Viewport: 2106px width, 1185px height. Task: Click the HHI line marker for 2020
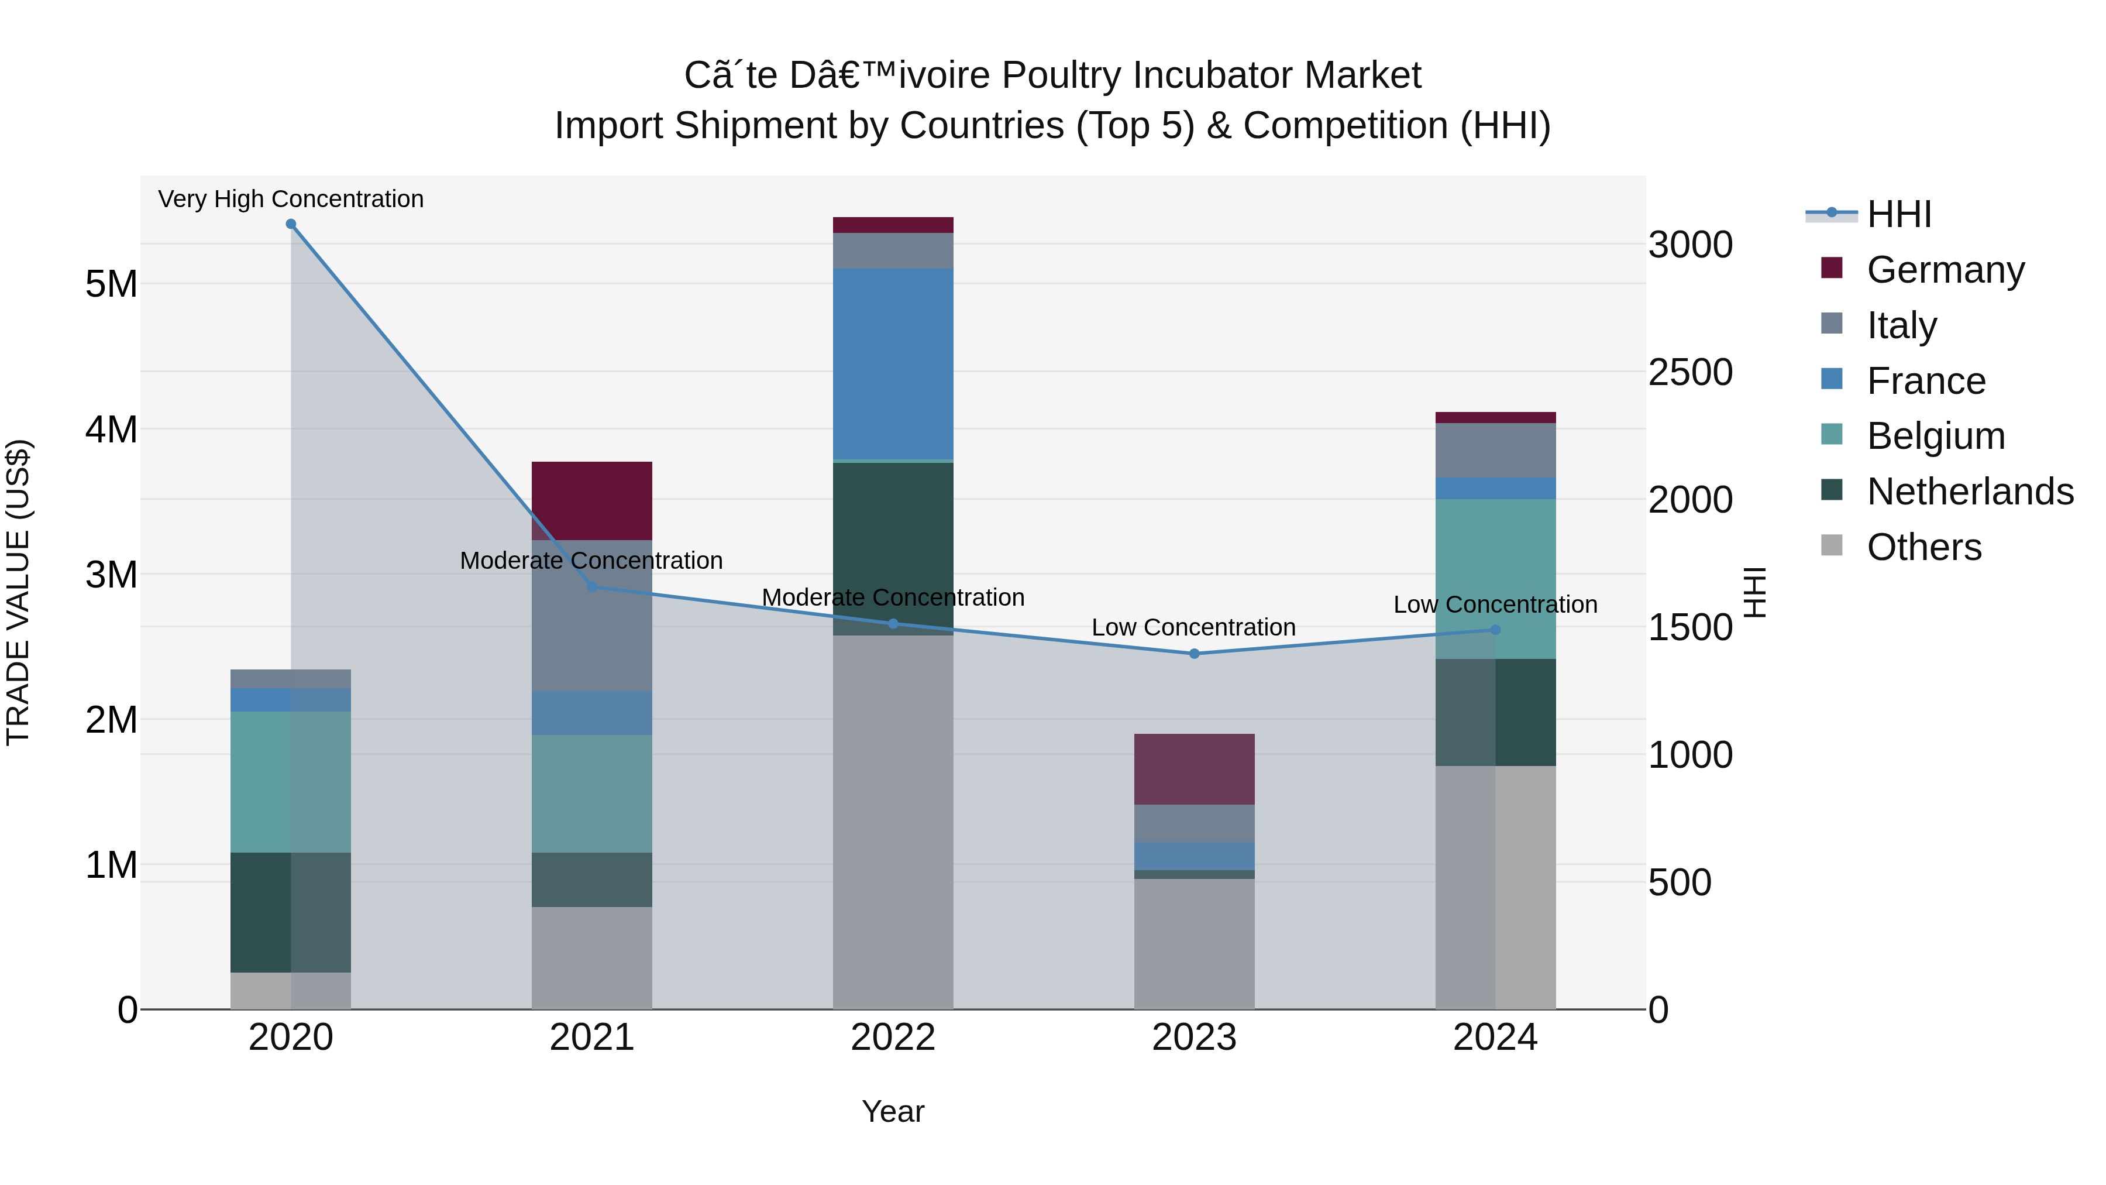tap(291, 224)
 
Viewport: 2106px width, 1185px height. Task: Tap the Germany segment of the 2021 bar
tap(592, 500)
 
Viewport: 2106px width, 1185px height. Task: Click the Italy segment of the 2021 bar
tap(592, 615)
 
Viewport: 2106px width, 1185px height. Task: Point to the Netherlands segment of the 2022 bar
tap(893, 548)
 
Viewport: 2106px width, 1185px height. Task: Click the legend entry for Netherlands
tap(1969, 492)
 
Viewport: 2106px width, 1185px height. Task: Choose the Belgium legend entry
tap(1935, 436)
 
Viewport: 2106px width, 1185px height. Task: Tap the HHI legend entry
tap(1898, 214)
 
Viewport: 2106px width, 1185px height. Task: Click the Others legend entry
tap(1923, 547)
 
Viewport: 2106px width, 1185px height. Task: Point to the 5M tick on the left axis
tap(111, 284)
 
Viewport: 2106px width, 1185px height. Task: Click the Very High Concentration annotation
tap(291, 199)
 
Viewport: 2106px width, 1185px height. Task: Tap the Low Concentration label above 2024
tap(1495, 604)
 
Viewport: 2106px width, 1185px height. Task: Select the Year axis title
tap(893, 1111)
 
